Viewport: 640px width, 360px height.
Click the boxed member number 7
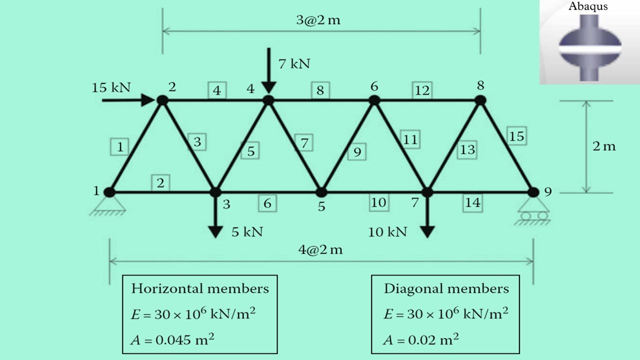pyautogui.click(x=304, y=143)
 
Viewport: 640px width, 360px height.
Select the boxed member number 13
pyautogui.click(x=467, y=149)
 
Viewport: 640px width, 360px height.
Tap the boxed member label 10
pyautogui.click(x=378, y=202)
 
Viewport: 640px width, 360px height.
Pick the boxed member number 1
pyautogui.click(x=119, y=147)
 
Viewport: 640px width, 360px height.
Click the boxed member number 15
pyautogui.click(x=516, y=136)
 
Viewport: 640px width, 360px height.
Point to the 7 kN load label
pyautogui.click(x=294, y=64)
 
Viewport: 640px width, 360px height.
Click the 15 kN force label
pyautogui.click(x=111, y=87)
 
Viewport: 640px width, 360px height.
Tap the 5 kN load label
pyautogui.click(x=247, y=231)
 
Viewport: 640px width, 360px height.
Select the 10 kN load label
pyautogui.click(x=387, y=232)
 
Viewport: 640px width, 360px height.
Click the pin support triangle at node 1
pyautogui.click(x=108, y=204)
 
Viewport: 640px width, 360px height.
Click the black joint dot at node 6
pyautogui.click(x=374, y=100)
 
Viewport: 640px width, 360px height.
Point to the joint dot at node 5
pyautogui.click(x=321, y=192)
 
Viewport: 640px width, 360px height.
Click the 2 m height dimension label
pyautogui.click(x=603, y=146)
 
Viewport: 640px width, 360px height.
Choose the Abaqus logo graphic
pyautogui.click(x=589, y=47)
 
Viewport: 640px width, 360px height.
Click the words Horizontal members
pyautogui.click(x=200, y=288)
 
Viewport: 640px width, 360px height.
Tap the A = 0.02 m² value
pyautogui.click(x=421, y=340)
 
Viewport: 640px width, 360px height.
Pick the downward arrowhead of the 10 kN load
pyautogui.click(x=427, y=231)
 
